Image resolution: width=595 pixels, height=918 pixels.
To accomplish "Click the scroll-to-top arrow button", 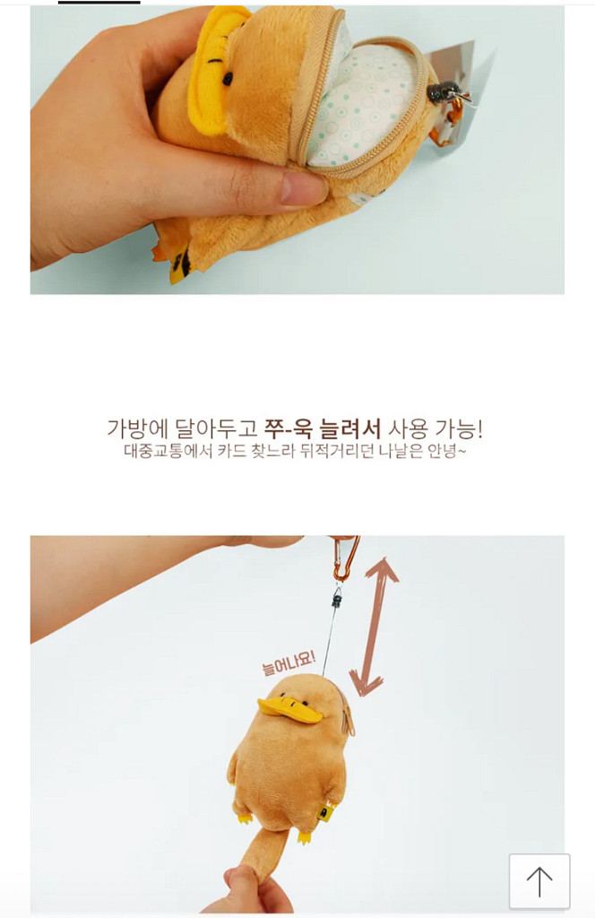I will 539,881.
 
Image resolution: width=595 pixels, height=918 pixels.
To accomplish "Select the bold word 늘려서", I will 350,429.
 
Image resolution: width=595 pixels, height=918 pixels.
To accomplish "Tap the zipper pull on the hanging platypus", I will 349,723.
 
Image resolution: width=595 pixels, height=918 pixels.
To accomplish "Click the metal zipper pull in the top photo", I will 443,92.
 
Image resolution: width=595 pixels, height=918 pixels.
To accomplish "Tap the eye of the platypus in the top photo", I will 228,80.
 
